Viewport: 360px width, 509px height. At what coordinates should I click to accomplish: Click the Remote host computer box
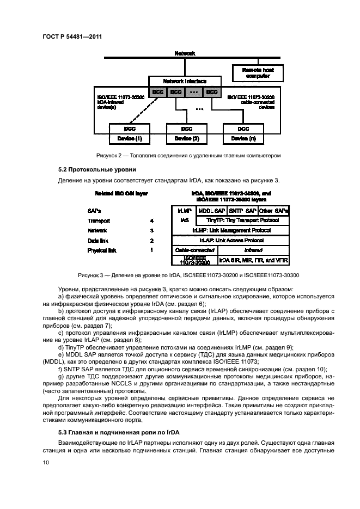click(253, 73)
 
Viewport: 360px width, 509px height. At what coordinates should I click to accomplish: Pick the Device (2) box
click(187, 139)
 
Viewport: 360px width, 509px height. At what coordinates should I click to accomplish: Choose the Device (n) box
click(243, 139)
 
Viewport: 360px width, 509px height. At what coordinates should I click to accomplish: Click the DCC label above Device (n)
click(243, 130)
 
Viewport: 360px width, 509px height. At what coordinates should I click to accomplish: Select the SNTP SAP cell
click(242, 210)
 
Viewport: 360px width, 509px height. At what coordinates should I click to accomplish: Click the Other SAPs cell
click(274, 210)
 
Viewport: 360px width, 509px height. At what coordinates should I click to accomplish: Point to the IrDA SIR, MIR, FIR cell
click(254, 260)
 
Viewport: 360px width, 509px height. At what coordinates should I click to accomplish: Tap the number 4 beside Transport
click(152, 221)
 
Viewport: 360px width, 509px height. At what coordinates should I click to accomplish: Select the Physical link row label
click(102, 250)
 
